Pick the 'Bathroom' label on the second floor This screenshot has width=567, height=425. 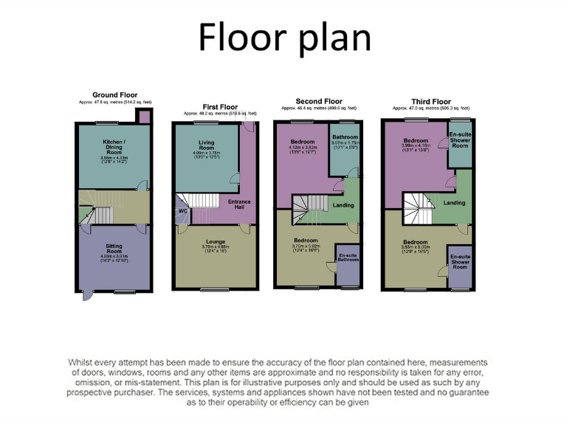pyautogui.click(x=344, y=137)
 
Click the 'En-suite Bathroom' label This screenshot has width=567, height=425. pyautogui.click(x=348, y=258)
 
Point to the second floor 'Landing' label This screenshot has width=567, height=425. pyautogui.click(x=343, y=206)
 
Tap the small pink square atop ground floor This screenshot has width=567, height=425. pyautogui.click(x=145, y=117)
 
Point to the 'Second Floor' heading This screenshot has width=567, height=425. pyautogui.click(x=319, y=101)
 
